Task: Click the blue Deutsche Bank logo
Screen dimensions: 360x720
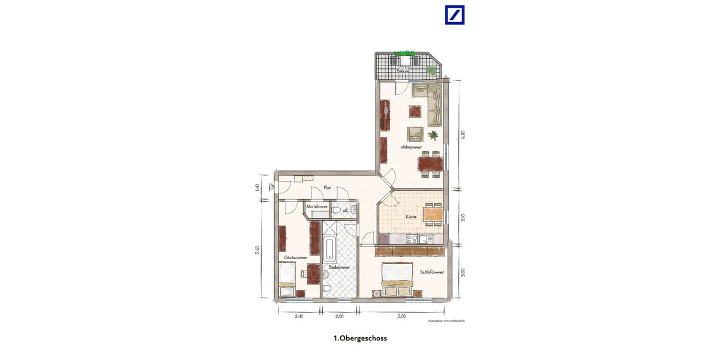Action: (x=455, y=15)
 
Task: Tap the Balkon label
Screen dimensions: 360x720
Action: (x=403, y=71)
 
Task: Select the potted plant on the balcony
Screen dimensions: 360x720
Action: (x=431, y=70)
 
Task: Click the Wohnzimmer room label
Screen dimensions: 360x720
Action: (x=412, y=147)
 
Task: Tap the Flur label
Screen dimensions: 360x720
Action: (x=328, y=188)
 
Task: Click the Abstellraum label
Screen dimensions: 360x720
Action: (x=316, y=206)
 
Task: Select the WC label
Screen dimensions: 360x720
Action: (x=346, y=211)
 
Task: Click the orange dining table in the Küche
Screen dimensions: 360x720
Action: (x=434, y=213)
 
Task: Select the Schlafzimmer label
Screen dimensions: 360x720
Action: (x=432, y=272)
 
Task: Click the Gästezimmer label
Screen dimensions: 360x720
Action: (x=296, y=257)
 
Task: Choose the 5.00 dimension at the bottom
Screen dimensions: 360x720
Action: (x=401, y=316)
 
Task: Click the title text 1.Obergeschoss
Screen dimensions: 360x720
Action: (x=360, y=338)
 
